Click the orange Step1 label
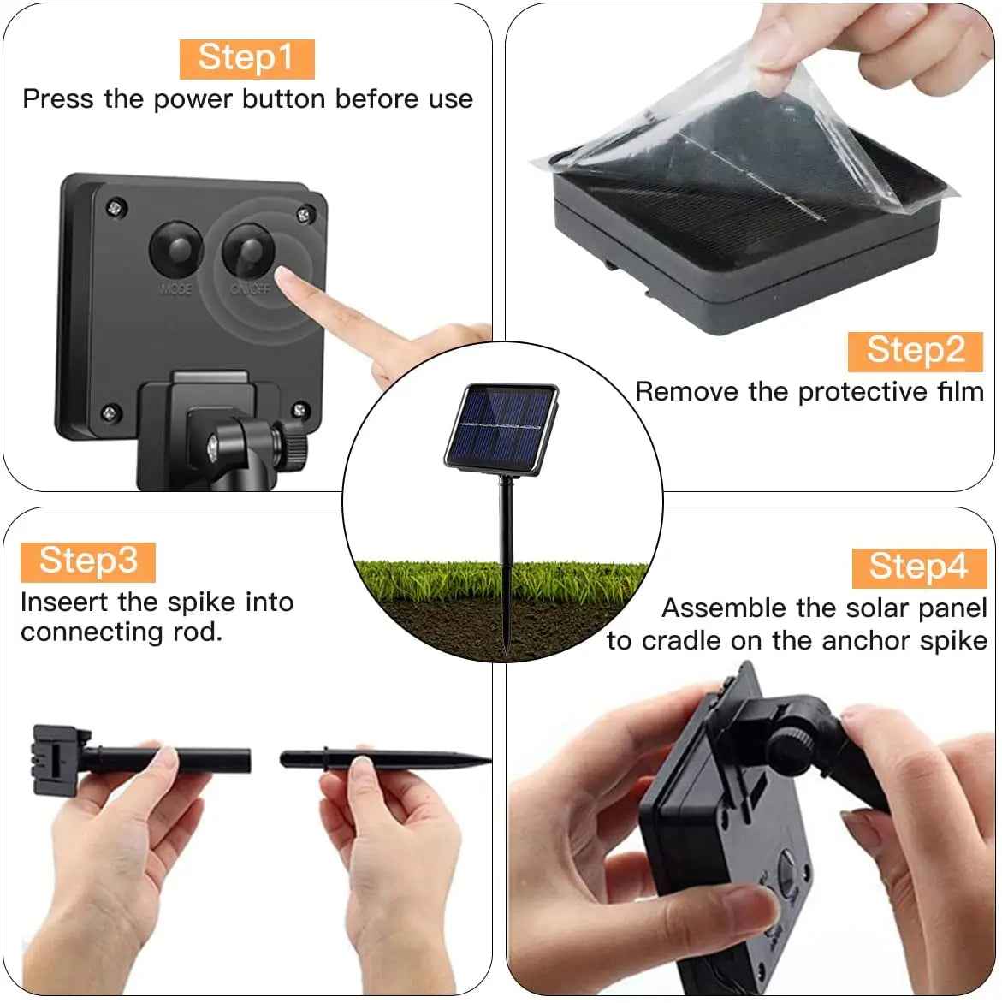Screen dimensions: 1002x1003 pyautogui.click(x=246, y=59)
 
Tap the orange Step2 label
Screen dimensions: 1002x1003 pyautogui.click(x=915, y=351)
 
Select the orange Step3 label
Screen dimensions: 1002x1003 pyautogui.click(x=87, y=562)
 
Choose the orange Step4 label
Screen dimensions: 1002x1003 pyautogui.click(x=919, y=568)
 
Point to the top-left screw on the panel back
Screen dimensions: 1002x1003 pyautogui.click(x=116, y=207)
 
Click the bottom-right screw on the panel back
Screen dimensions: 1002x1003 pyautogui.click(x=299, y=409)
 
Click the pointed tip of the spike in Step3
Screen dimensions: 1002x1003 pyautogui.click(x=489, y=760)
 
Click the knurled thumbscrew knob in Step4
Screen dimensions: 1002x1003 pyautogui.click(x=792, y=744)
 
